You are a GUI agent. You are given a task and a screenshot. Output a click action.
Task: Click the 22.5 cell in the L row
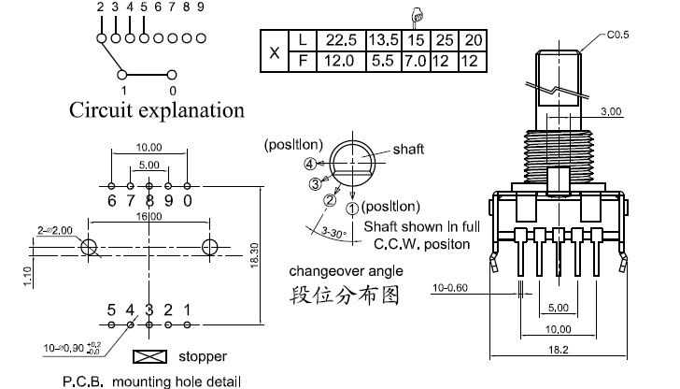[334, 41]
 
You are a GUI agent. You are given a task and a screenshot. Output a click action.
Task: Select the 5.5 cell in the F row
[384, 62]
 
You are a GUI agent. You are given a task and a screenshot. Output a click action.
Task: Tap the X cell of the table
[274, 51]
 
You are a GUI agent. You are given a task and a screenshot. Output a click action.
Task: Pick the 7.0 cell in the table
[418, 62]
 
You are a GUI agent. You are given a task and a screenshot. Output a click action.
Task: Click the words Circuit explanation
[157, 110]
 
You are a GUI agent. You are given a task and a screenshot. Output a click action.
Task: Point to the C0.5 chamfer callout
[618, 36]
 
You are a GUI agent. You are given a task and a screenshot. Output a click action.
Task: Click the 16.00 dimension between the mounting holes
[149, 216]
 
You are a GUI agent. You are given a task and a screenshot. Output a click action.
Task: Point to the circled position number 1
[351, 208]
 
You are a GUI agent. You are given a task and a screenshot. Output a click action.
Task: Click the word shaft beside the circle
[407, 150]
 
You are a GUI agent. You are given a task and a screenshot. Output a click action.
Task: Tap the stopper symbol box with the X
[150, 357]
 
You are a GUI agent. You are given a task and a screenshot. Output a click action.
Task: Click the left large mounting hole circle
[90, 248]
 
